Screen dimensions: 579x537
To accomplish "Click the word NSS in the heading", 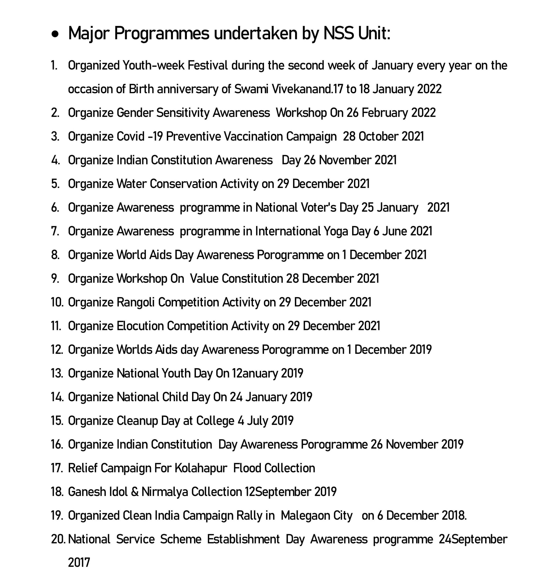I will [x=339, y=33].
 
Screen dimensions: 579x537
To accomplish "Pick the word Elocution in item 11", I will [x=140, y=326].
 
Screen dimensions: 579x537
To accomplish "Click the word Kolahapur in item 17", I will [x=201, y=468].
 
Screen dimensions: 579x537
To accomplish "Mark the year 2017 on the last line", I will [x=79, y=563].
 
